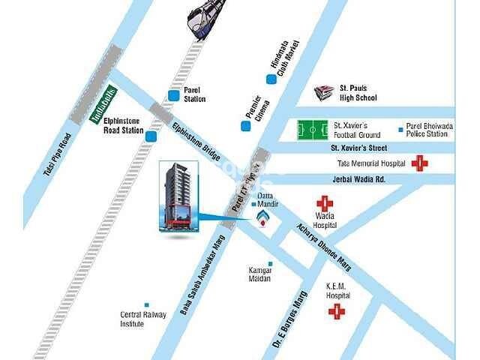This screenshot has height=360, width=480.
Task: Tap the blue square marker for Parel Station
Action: [x=174, y=94]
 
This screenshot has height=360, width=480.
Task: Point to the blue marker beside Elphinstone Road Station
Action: [x=151, y=136]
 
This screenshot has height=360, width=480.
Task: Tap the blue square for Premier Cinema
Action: [x=245, y=125]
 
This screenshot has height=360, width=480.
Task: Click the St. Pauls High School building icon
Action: [x=325, y=93]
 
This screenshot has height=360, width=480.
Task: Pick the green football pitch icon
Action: [x=313, y=130]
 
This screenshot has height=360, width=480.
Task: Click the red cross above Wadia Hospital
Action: [x=324, y=203]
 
